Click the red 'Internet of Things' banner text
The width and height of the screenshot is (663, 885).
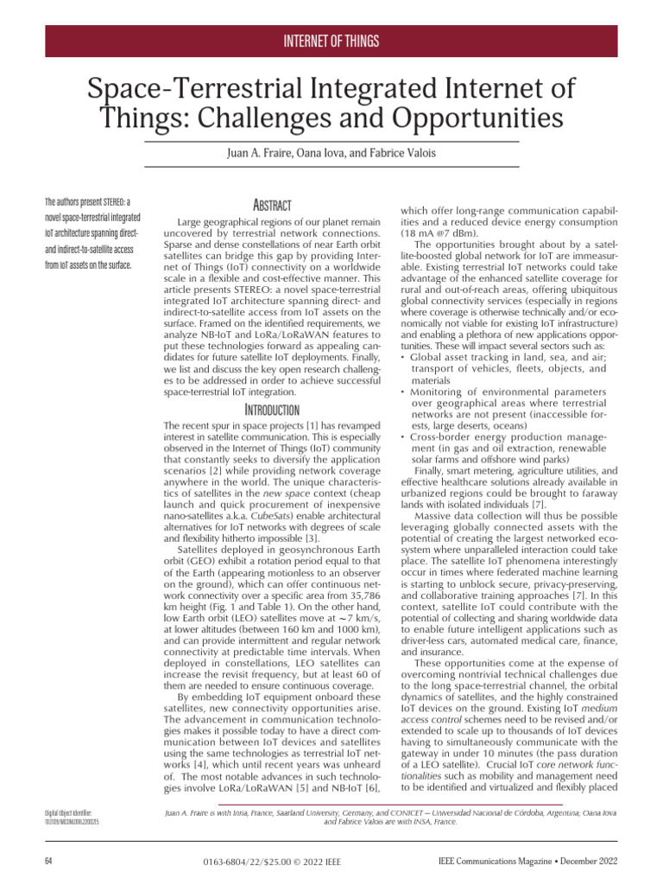[x=331, y=41]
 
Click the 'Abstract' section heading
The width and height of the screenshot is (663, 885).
[x=271, y=205]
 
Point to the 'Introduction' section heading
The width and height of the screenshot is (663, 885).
[x=271, y=409]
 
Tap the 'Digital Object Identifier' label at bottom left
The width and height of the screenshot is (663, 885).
[x=74, y=813]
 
